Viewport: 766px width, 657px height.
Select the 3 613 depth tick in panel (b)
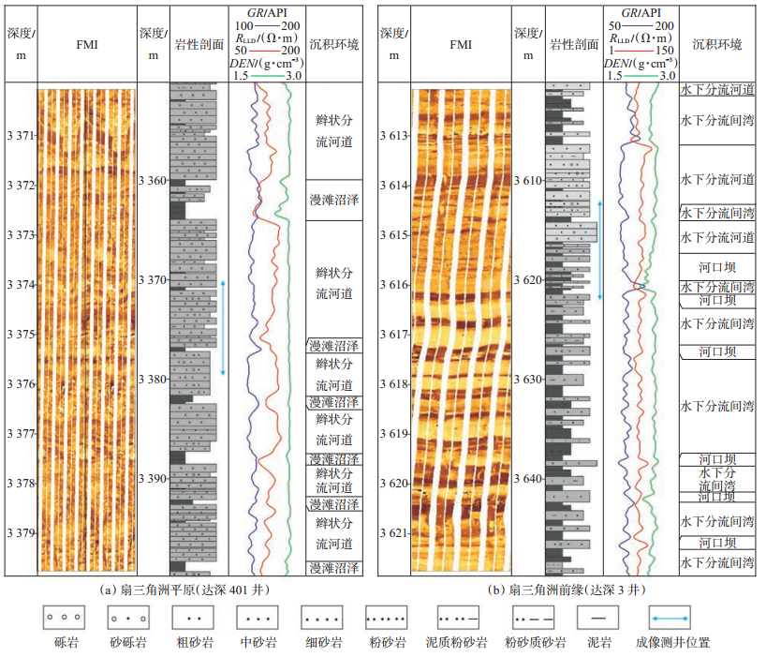(x=395, y=136)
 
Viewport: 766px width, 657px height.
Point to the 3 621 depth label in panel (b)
(x=395, y=533)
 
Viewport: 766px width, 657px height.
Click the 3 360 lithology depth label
(x=153, y=180)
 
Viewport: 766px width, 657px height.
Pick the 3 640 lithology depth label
(x=528, y=479)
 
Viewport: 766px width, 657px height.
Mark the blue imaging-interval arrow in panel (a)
(x=223, y=327)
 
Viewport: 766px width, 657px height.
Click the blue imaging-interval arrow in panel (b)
(x=599, y=248)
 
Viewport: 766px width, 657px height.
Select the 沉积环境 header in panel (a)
(x=332, y=44)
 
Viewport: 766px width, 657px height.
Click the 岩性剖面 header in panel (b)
(x=573, y=44)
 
